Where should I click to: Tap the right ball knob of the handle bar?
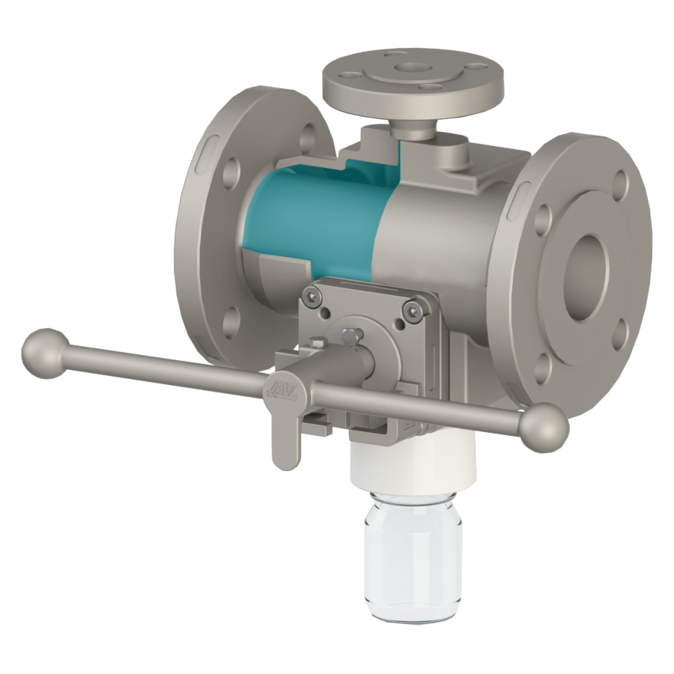544,428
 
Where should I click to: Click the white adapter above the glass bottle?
413,461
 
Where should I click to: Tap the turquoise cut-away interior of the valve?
322,217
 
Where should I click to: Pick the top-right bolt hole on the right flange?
620,184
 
